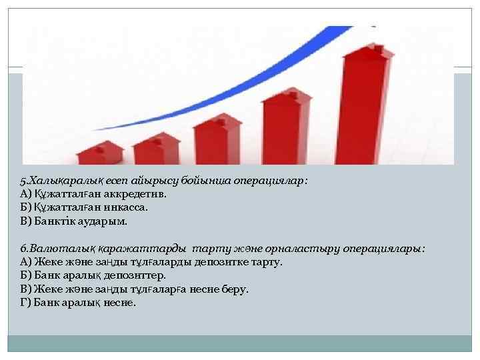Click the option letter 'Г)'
point(26,302)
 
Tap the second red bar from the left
point(157,147)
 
